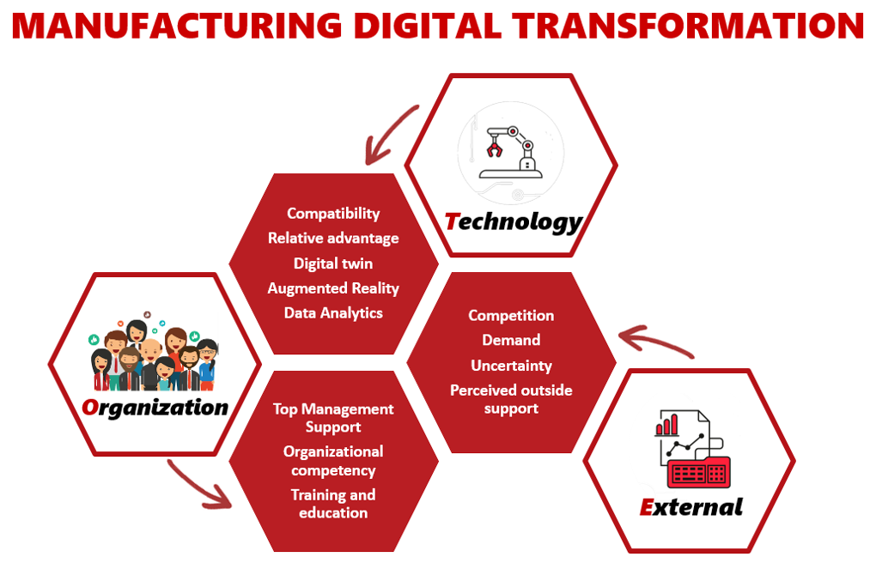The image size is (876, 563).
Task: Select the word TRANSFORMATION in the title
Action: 688,25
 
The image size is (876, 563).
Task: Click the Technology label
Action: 514,221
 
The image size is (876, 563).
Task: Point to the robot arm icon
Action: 510,153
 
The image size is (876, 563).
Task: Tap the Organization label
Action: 155,408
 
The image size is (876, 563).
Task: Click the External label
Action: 691,506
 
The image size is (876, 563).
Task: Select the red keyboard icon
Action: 699,473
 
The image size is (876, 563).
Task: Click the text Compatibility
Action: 333,214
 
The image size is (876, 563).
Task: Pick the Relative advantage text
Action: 333,238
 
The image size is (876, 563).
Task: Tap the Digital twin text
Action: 333,263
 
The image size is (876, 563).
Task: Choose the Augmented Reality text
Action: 333,288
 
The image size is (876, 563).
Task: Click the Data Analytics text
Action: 333,312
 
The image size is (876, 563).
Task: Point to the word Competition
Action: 511,316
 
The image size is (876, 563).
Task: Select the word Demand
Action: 511,340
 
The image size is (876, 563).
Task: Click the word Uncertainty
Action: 511,366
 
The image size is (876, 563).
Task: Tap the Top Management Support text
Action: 333,418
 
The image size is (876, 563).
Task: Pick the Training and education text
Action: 333,504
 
